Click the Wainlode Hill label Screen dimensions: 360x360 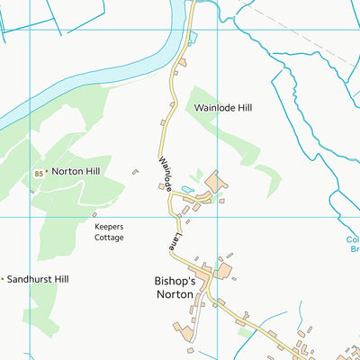point(223,107)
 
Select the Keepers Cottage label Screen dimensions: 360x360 point(109,232)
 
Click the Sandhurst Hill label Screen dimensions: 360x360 point(37,280)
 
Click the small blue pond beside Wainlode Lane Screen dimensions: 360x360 point(187,189)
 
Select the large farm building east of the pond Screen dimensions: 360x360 point(216,182)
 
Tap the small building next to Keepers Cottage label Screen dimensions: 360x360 point(94,214)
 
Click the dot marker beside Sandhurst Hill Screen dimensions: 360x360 point(3,280)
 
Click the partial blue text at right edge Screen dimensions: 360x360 point(352,246)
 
